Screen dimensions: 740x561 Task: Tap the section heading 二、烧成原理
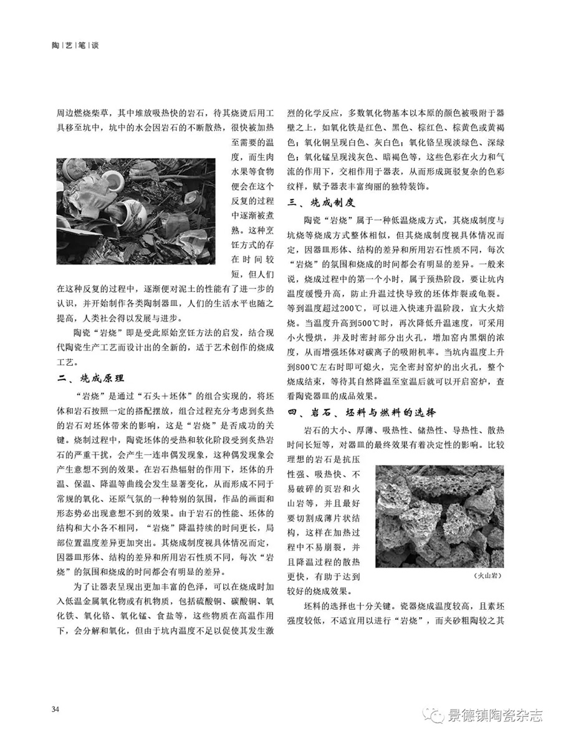point(89,377)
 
